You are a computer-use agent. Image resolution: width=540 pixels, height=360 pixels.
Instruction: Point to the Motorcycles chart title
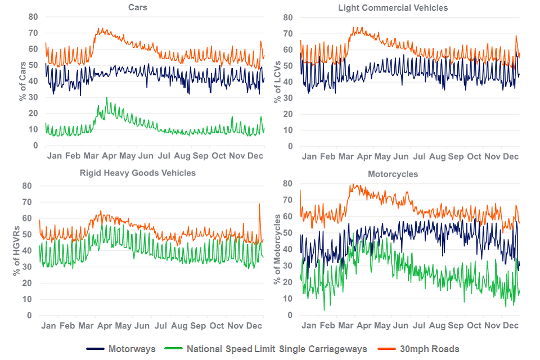(x=393, y=174)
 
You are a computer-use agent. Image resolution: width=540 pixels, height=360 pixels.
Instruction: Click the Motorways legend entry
(x=132, y=349)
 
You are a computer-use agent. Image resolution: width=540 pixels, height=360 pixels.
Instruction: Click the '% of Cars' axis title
(x=22, y=82)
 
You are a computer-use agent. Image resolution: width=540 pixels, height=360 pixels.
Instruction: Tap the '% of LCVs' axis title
(x=277, y=82)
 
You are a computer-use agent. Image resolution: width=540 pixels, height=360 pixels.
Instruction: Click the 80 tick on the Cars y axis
(x=33, y=17)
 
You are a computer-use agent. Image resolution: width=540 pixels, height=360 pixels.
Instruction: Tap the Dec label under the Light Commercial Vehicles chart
(x=510, y=156)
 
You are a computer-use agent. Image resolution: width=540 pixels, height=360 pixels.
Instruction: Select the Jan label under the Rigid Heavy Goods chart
(x=48, y=326)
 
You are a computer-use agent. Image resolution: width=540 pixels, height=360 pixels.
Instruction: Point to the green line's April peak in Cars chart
(x=107, y=98)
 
